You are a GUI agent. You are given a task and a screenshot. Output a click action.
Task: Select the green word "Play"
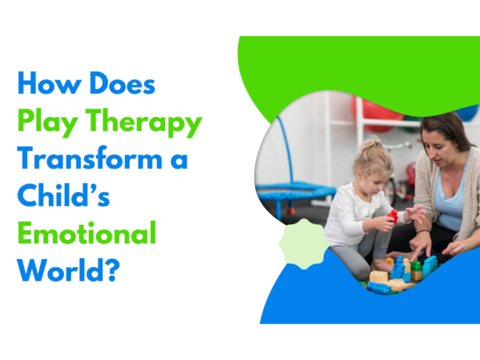click(x=47, y=124)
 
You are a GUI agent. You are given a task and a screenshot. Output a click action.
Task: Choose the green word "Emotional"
click(x=86, y=234)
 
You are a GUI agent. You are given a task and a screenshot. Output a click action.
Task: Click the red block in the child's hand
click(x=393, y=216)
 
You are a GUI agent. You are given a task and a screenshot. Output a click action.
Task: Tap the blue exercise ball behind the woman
click(x=467, y=112)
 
